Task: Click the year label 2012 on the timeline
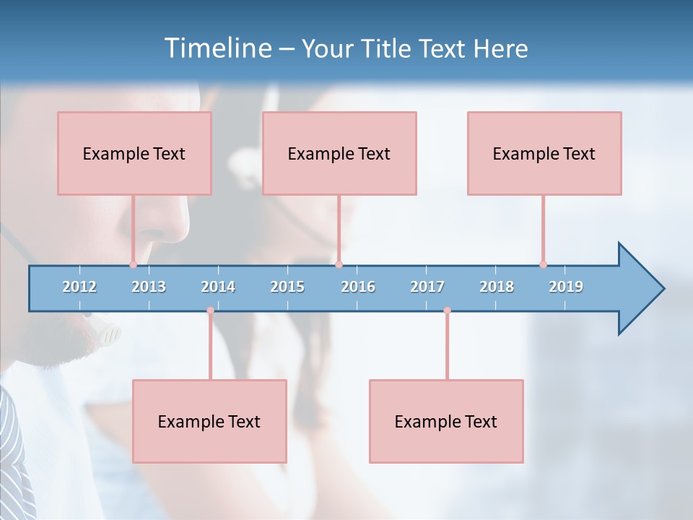pyautogui.click(x=79, y=287)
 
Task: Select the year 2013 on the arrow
pyautogui.click(x=149, y=287)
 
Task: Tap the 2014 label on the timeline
pyautogui.click(x=218, y=287)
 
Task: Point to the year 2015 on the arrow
pyautogui.click(x=287, y=287)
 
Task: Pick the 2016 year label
pyautogui.click(x=358, y=287)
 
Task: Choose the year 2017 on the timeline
pyautogui.click(x=427, y=287)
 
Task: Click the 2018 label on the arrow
pyautogui.click(x=497, y=287)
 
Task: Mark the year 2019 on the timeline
pyautogui.click(x=566, y=287)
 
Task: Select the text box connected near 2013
pyautogui.click(x=134, y=153)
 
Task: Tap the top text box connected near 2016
pyautogui.click(x=339, y=153)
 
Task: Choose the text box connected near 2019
pyautogui.click(x=544, y=153)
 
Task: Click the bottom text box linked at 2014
pyautogui.click(x=209, y=421)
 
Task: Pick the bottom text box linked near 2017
pyautogui.click(x=446, y=421)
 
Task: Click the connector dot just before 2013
pyautogui.click(x=133, y=264)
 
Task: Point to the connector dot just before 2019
pyautogui.click(x=543, y=264)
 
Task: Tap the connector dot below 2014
pyautogui.click(x=210, y=311)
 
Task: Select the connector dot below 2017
pyautogui.click(x=447, y=311)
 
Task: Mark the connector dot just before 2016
pyautogui.click(x=339, y=264)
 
